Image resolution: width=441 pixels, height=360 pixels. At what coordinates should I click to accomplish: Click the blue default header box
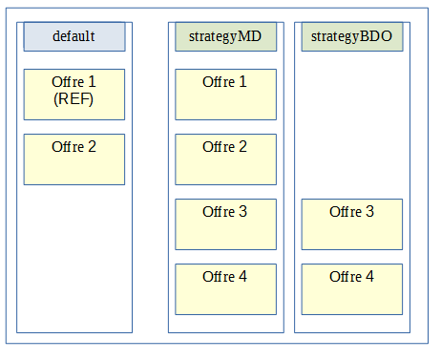tap(74, 36)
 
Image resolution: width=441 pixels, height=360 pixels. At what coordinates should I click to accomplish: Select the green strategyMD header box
tap(226, 36)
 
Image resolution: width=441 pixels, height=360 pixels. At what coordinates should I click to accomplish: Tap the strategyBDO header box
tap(352, 36)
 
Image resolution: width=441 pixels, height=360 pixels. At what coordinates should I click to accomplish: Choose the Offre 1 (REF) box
tap(74, 94)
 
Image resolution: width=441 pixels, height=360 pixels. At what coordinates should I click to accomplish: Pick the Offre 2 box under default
tap(74, 159)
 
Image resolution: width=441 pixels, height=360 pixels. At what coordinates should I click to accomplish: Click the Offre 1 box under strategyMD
tap(226, 94)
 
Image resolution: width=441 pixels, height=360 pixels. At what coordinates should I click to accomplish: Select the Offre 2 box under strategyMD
tap(226, 159)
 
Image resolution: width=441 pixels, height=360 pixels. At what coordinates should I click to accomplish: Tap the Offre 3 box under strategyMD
tap(226, 223)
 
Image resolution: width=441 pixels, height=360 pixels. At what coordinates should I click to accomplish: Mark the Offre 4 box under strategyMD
tap(226, 288)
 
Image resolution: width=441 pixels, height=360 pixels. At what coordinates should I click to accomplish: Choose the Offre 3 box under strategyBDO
tap(352, 223)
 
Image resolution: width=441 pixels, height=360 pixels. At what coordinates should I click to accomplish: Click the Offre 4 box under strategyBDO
tap(352, 288)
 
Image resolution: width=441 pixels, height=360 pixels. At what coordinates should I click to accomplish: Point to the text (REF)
tap(74, 98)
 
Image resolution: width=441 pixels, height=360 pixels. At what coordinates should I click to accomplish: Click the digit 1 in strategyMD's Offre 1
tap(243, 82)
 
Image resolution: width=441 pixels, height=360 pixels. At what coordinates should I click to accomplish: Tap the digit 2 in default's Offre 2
tap(92, 147)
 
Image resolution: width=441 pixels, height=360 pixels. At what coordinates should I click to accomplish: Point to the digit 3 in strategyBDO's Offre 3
tap(369, 212)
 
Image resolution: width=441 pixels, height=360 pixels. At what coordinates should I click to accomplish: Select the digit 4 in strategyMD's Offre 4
tap(243, 277)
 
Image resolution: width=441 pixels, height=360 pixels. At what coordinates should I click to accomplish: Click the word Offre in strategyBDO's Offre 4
tap(345, 277)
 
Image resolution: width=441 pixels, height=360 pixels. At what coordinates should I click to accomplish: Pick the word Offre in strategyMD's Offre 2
tap(219, 147)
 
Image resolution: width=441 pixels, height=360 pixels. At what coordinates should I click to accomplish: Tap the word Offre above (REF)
tap(67, 82)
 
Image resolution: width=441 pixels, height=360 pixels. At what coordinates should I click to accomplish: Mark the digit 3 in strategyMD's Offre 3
tap(243, 212)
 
